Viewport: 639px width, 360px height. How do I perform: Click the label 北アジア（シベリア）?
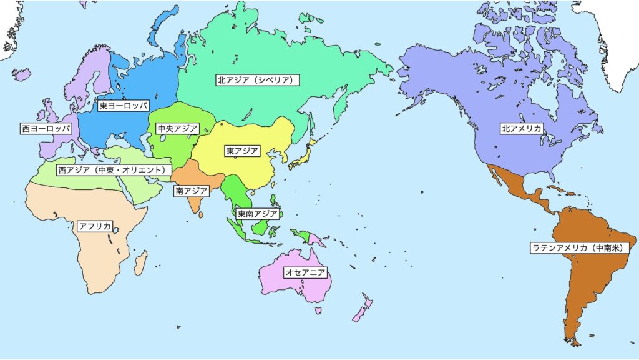(x=258, y=80)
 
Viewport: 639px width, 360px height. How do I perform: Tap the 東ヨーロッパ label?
(x=124, y=106)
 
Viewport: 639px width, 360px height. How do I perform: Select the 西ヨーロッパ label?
(x=46, y=128)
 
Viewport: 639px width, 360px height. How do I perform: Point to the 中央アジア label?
(x=177, y=129)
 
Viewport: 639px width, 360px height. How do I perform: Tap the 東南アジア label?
(x=257, y=214)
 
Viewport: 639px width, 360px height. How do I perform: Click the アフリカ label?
(x=95, y=226)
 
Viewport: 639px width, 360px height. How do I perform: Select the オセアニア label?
(x=305, y=272)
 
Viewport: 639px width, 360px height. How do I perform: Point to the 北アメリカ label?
(x=522, y=128)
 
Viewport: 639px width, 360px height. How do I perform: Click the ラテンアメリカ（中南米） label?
(x=580, y=247)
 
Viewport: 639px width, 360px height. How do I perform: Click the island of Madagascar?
(x=140, y=262)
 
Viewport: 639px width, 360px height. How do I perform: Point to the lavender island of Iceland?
(x=22, y=74)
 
